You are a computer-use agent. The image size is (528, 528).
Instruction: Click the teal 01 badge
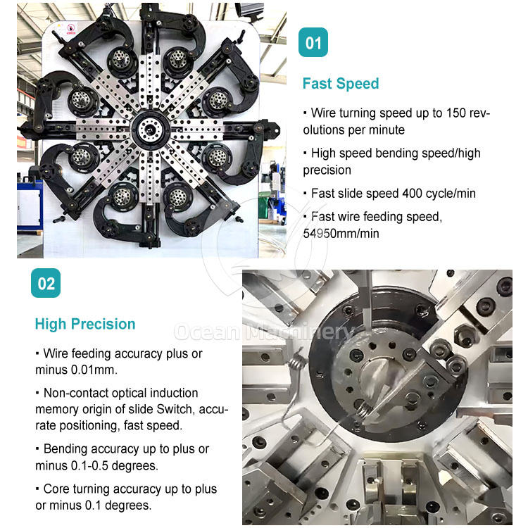(x=313, y=42)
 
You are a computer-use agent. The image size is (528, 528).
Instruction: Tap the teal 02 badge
(x=46, y=283)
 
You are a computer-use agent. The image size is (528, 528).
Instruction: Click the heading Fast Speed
(x=341, y=84)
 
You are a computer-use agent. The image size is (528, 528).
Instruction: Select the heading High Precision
(x=85, y=324)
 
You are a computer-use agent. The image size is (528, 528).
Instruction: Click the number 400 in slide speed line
(x=413, y=194)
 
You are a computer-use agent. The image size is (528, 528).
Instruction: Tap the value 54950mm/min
(x=341, y=233)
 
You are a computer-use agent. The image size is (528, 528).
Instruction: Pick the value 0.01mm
(x=94, y=370)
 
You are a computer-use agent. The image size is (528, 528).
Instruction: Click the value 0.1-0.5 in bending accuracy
(x=89, y=466)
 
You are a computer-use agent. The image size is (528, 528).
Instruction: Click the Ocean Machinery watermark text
(x=263, y=332)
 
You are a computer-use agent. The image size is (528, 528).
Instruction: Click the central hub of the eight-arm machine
(x=149, y=129)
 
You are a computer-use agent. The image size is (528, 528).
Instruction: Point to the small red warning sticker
(x=71, y=29)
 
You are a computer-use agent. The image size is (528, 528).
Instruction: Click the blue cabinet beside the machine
(x=30, y=206)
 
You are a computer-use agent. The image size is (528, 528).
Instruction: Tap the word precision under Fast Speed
(x=327, y=170)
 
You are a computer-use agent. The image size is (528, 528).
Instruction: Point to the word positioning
(x=89, y=426)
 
